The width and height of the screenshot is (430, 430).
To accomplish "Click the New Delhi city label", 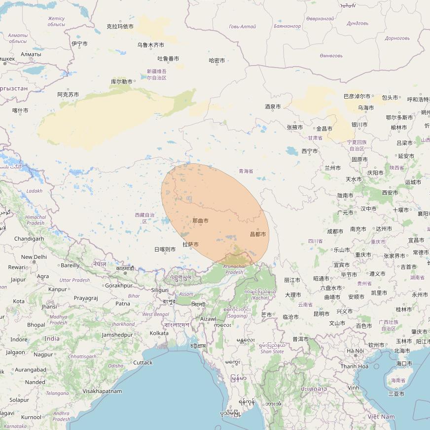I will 34,257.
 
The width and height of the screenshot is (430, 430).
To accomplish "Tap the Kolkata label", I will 159,333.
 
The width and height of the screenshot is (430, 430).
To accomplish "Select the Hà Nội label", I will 355,351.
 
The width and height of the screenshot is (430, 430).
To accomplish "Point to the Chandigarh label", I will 29,239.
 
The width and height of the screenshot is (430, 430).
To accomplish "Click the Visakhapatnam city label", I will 102,391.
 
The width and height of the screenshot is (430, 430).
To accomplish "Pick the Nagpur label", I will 43,354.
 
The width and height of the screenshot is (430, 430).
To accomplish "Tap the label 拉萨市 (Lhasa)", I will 190,244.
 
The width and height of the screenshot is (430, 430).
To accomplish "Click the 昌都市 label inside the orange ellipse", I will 258,234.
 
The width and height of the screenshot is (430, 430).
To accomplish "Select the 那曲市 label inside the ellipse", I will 200,220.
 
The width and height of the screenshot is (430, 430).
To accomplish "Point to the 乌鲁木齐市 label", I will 151,45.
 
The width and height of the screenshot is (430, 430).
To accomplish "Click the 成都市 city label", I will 335,231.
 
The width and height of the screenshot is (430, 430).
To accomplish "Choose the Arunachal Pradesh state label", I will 234,269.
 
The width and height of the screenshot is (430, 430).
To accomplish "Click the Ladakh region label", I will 35,191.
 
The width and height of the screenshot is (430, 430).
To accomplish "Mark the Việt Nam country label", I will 381,417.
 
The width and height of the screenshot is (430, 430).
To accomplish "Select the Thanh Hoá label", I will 354,366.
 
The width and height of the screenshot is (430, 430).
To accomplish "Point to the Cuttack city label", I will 143,362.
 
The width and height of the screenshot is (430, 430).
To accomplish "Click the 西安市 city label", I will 390,192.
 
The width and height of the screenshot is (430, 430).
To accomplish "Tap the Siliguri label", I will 159,290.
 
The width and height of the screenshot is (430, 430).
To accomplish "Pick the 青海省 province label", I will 246,171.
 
